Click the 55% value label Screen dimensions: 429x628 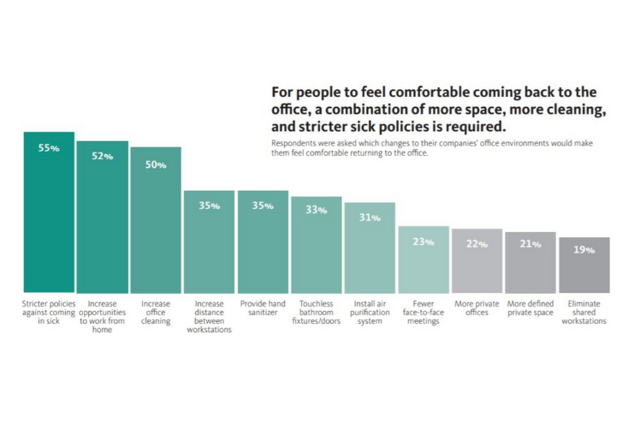(x=49, y=147)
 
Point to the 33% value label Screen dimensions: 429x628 (x=316, y=210)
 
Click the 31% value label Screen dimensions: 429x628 (x=370, y=217)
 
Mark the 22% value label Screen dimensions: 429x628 (x=477, y=244)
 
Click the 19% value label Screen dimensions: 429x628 (x=584, y=249)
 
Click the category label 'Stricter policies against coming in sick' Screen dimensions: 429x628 (x=49, y=313)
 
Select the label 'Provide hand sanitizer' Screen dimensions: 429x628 (x=263, y=308)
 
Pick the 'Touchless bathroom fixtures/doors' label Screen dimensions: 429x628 (x=316, y=313)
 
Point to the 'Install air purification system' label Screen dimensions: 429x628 (x=370, y=313)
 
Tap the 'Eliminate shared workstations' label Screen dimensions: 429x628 (x=584, y=313)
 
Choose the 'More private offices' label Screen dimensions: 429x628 (x=477, y=308)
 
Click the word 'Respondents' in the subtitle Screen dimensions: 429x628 (x=293, y=144)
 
